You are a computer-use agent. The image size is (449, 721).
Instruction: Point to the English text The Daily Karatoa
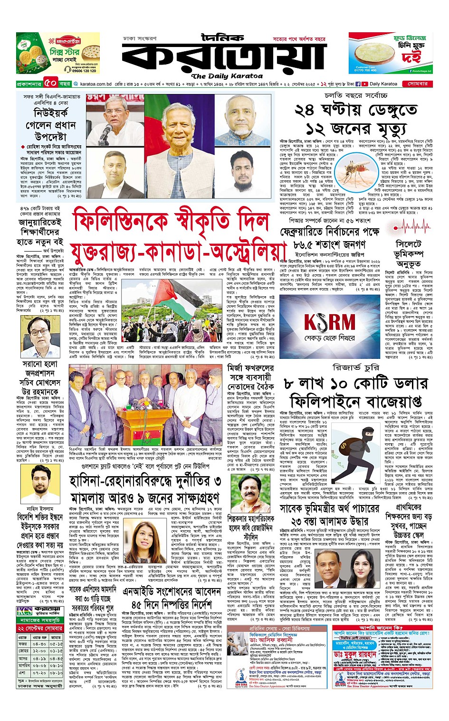227,76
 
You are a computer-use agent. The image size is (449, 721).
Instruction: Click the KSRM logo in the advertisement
330,322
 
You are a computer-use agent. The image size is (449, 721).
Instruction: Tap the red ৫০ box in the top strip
51,84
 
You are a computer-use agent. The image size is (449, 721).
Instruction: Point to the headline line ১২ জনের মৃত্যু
356,128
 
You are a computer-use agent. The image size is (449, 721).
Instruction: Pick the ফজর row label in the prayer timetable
23,644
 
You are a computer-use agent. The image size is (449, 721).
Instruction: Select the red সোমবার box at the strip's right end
417,84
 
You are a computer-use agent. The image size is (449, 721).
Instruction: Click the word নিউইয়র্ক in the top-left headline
51,113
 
